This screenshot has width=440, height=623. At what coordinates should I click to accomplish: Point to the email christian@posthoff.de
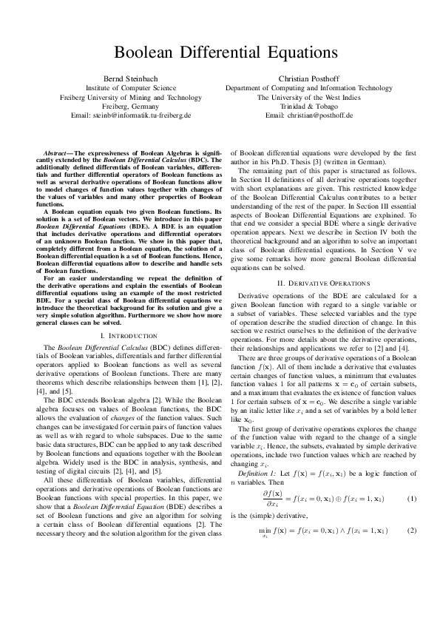(309, 116)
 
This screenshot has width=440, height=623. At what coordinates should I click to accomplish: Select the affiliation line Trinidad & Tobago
(309, 107)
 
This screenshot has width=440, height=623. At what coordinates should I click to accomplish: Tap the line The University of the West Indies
(309, 97)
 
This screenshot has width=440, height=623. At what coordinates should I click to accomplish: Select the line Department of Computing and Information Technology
(309, 87)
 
